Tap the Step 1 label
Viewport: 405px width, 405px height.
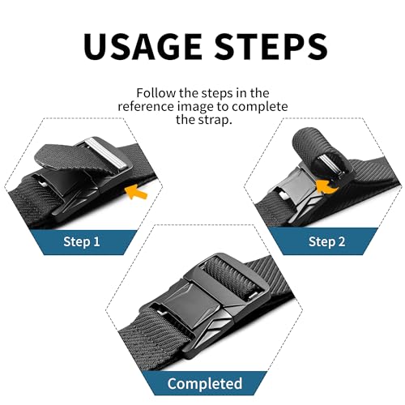tap(82, 241)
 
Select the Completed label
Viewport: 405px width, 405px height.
tap(204, 382)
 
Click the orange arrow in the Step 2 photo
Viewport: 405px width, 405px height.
tap(329, 187)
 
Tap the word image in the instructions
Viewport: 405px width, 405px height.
tap(199, 108)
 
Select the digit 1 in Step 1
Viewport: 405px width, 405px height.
tap(99, 241)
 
